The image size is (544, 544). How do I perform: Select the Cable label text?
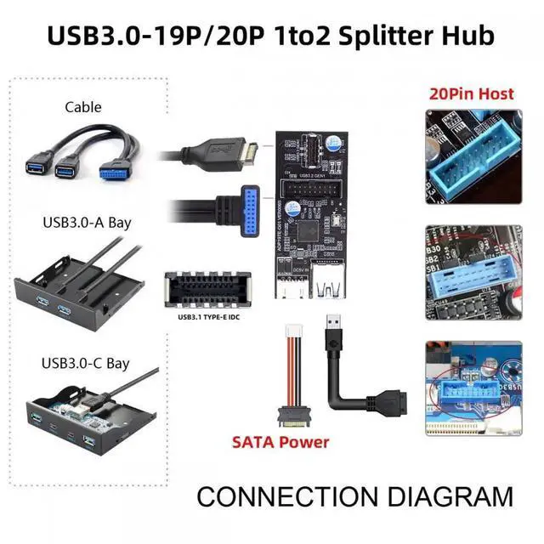pyautogui.click(x=82, y=107)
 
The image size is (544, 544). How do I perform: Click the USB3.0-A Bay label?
pyautogui.click(x=83, y=224)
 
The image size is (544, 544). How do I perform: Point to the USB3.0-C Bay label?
pyautogui.click(x=85, y=363)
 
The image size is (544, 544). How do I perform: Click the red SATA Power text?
pyautogui.click(x=280, y=442)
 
